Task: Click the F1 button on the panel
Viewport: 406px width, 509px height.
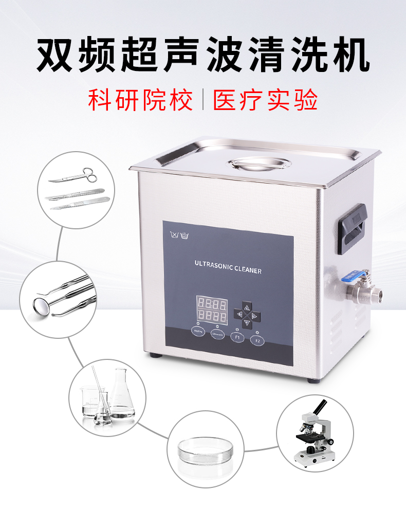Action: tap(237, 337)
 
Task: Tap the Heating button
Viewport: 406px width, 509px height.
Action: tap(198, 332)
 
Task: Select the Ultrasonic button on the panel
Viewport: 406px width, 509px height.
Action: tap(217, 334)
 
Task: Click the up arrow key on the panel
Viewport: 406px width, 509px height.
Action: tap(246, 307)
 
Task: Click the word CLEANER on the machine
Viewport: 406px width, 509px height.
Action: tap(247, 270)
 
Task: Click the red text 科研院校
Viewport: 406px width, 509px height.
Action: tap(141, 100)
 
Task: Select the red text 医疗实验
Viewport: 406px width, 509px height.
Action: tap(265, 100)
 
